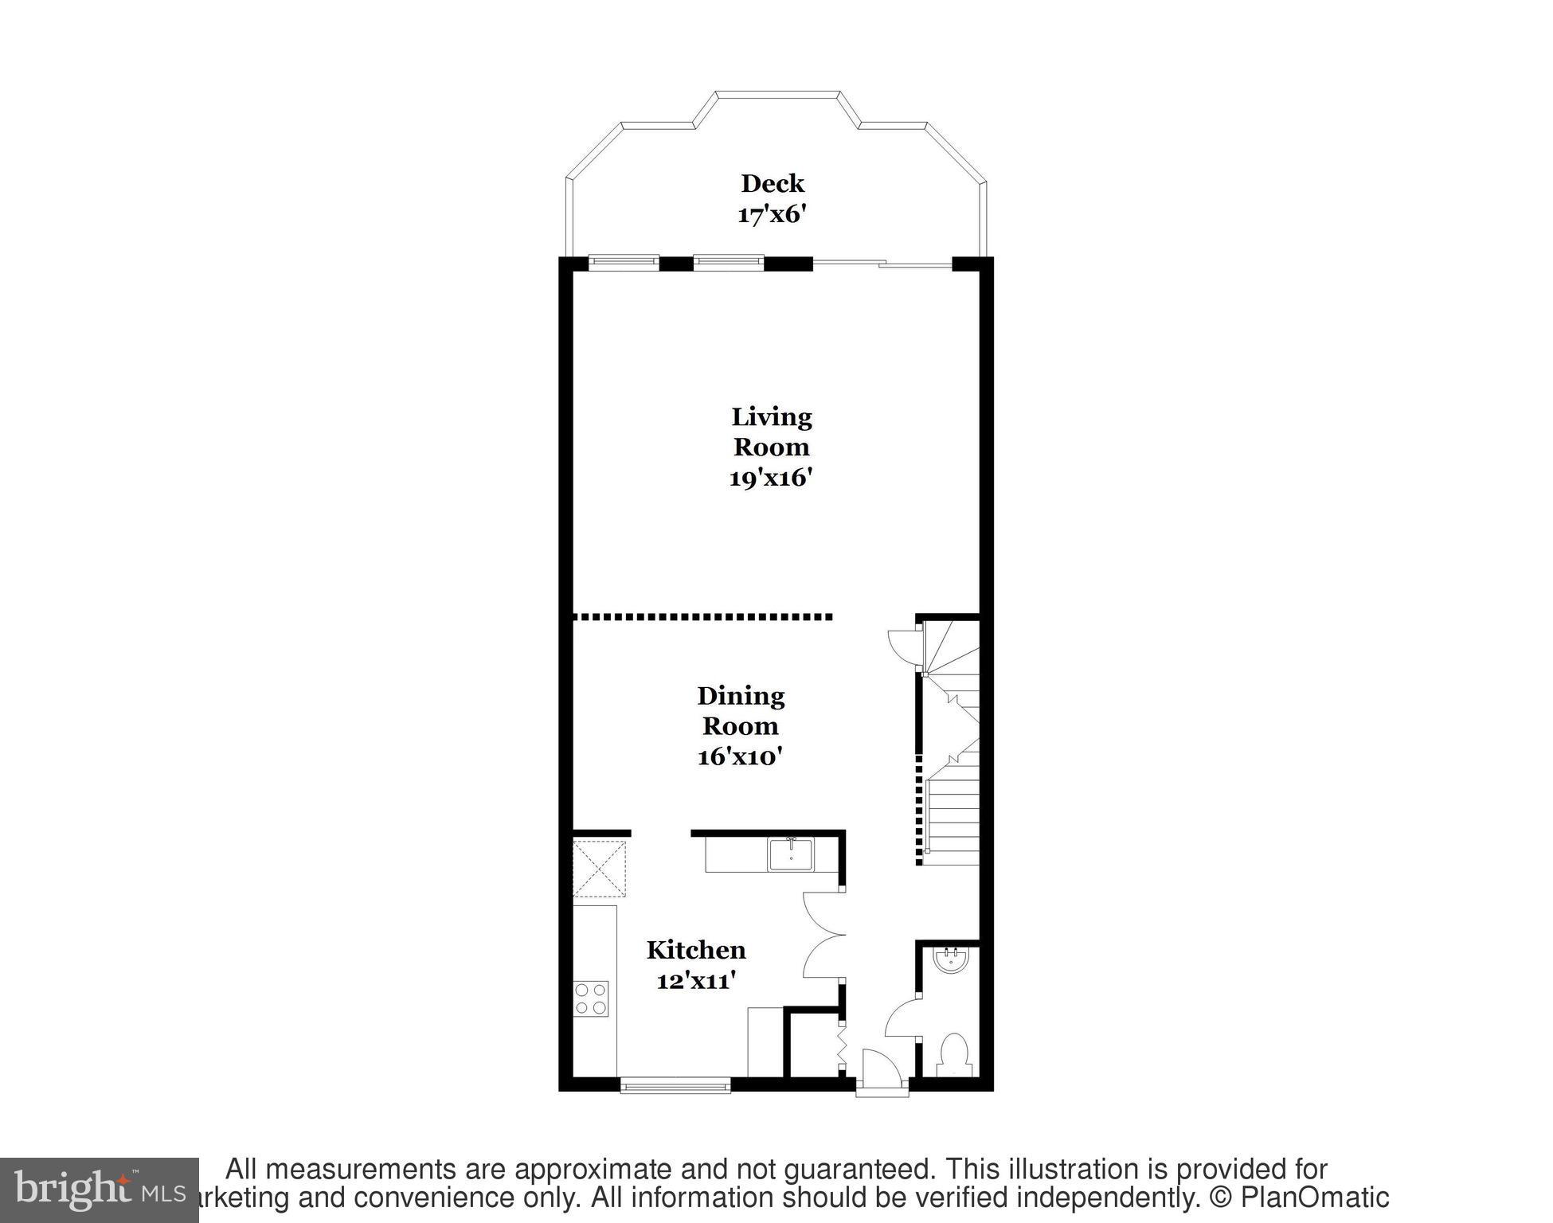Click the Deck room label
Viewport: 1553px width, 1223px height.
point(772,184)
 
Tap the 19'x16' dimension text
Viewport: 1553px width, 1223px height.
point(770,478)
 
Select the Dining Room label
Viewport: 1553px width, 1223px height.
point(740,710)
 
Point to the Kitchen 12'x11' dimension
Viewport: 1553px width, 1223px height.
point(694,981)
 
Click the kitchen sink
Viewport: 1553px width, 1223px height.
point(791,854)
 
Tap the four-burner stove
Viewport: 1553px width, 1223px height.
point(591,998)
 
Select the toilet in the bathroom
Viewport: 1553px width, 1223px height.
point(953,1053)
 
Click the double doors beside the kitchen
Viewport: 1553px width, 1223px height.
point(822,935)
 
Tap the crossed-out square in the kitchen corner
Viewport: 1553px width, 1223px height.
point(600,869)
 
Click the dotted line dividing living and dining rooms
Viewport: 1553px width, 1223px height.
point(702,616)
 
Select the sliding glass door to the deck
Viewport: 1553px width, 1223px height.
point(882,264)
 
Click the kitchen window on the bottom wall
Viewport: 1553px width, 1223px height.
point(675,1084)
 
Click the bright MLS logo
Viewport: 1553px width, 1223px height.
point(99,1190)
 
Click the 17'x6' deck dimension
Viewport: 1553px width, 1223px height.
point(772,215)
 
